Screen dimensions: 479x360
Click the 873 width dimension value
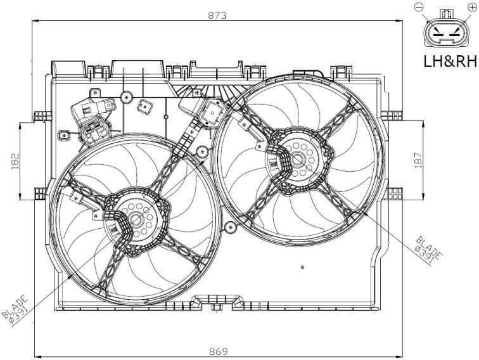coord(217,15)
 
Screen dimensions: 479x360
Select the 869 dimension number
coord(219,351)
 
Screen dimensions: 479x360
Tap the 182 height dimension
coord(15,161)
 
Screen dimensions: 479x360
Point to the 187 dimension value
coord(418,159)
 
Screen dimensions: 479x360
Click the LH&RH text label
coord(450,61)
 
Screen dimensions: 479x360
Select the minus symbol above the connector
coord(418,7)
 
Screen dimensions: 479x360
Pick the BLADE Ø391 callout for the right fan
coord(428,250)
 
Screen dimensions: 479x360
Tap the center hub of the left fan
coord(136,219)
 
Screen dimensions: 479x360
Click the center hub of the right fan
coord(297,160)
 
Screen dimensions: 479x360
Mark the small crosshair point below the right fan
coord(302,267)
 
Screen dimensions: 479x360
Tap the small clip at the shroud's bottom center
coord(216,307)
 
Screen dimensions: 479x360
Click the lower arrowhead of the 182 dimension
coord(20,196)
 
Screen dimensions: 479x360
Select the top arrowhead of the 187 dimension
coord(423,124)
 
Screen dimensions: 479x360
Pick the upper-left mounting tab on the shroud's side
coord(42,117)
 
